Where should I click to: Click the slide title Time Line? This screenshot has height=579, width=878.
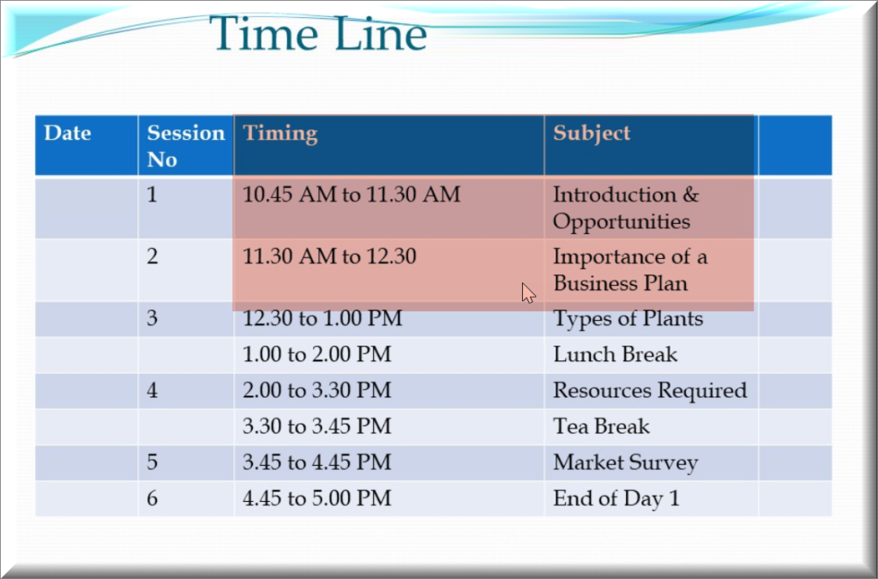point(318,33)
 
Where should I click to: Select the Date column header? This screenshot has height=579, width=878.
point(67,133)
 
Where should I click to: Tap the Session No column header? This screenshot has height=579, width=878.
point(186,146)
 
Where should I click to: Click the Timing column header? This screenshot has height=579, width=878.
point(280,134)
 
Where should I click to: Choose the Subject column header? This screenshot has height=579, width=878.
point(592,134)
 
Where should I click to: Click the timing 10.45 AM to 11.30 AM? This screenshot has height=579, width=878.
point(352,195)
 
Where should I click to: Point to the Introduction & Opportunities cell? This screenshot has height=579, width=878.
point(626,208)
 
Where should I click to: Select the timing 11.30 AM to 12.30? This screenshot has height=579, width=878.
point(329,256)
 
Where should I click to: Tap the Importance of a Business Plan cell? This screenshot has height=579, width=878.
point(630,270)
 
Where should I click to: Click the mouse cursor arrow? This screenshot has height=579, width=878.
point(528,293)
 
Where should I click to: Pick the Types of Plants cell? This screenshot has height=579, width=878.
point(628,319)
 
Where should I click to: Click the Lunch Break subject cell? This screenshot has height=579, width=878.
point(615,354)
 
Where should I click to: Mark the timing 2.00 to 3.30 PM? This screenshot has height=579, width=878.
point(316,390)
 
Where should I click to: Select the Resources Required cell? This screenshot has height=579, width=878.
point(650,391)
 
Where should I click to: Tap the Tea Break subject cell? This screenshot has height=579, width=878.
point(601,426)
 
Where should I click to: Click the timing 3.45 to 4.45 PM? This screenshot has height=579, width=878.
point(316,462)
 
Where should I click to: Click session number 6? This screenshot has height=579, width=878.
point(153,498)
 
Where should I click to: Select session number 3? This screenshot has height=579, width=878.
point(153,318)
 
